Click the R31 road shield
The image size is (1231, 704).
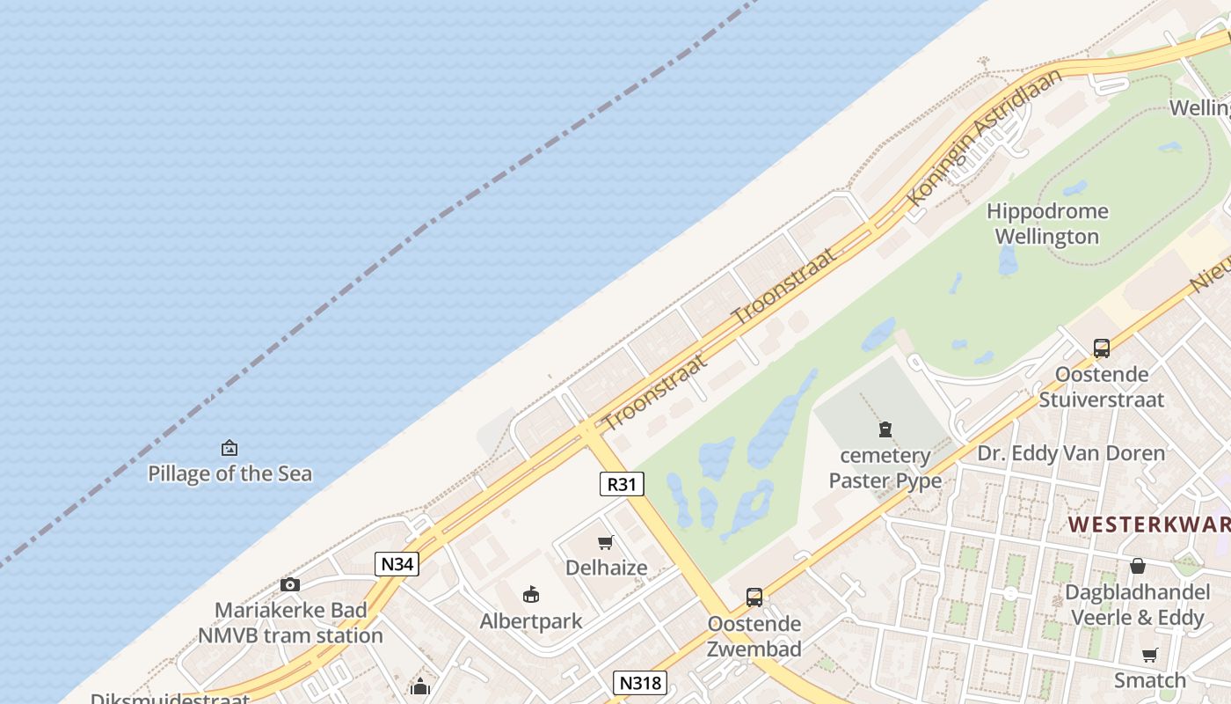(622, 483)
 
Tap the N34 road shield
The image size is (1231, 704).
(397, 563)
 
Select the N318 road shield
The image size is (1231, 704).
(639, 683)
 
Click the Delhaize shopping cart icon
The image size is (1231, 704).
(605, 542)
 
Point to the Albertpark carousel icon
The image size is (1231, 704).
(530, 595)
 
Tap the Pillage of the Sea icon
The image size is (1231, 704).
(229, 448)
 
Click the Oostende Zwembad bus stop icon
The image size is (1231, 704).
(754, 598)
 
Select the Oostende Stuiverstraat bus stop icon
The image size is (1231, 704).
(1101, 348)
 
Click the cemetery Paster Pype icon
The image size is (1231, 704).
(885, 429)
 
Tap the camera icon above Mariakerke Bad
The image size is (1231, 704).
(289, 584)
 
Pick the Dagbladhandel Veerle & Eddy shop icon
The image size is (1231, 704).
(1137, 566)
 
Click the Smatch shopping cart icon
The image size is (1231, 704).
(1149, 655)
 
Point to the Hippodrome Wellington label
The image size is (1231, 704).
(1046, 224)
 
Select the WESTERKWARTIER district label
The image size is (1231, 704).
(1148, 524)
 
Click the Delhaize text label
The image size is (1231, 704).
(606, 568)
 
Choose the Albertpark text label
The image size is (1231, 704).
(531, 621)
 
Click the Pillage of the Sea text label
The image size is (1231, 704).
(229, 473)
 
